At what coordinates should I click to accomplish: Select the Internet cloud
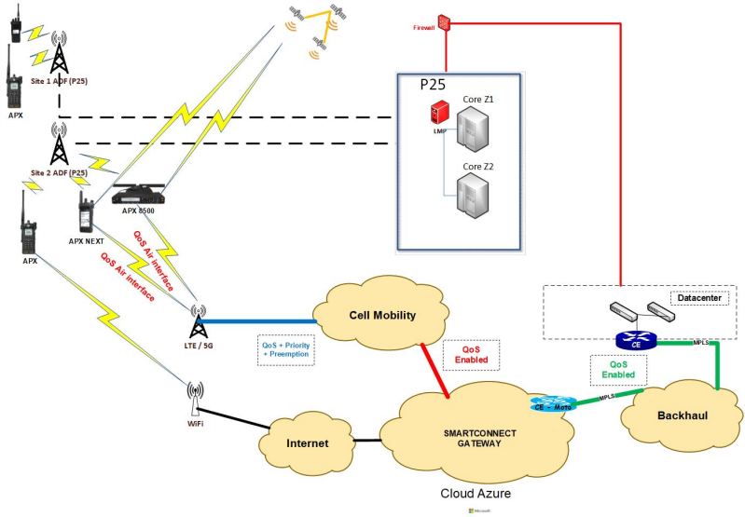point(307,442)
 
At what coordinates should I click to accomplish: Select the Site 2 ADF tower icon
point(59,145)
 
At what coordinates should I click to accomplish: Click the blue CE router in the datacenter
point(636,343)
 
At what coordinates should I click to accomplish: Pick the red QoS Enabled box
point(471,353)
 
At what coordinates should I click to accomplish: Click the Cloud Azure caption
point(477,494)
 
